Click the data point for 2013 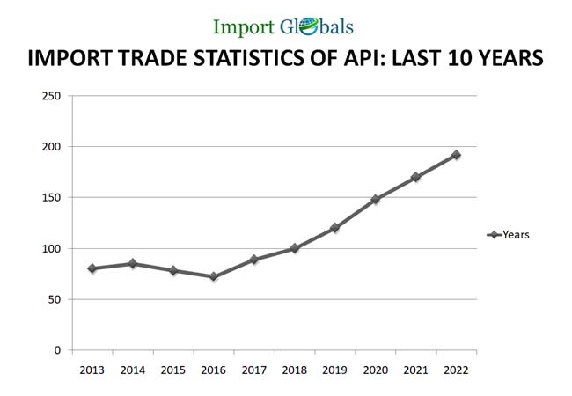coord(92,268)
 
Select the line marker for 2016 coord(213,276)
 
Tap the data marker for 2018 coord(294,248)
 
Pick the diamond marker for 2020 coord(375,200)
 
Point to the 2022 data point coord(456,155)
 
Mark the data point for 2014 coord(132,263)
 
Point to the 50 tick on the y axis coord(54,299)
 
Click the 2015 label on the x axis coord(172,370)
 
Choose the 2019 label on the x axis coord(334,370)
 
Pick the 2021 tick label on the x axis coord(415,370)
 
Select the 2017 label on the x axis coord(253,370)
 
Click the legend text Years coord(517,235)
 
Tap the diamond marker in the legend coord(494,235)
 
